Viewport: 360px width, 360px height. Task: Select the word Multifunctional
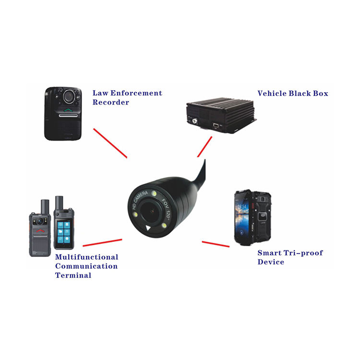pyautogui.click(x=86, y=257)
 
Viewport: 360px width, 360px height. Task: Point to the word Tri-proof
pyautogui.click(x=305, y=253)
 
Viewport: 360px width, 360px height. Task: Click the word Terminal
pyautogui.click(x=73, y=276)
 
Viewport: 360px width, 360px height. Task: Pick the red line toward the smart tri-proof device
pyautogui.click(x=216, y=244)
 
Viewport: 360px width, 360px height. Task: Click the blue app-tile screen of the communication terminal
pyautogui.click(x=64, y=233)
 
